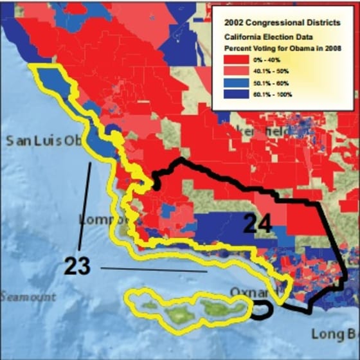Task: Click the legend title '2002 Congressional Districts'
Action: point(282,22)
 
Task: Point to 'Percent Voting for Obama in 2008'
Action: point(282,49)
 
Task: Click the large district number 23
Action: point(77,266)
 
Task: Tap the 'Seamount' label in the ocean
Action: point(28,297)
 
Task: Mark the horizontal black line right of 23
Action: point(153,269)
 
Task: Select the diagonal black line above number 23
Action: point(84,206)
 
